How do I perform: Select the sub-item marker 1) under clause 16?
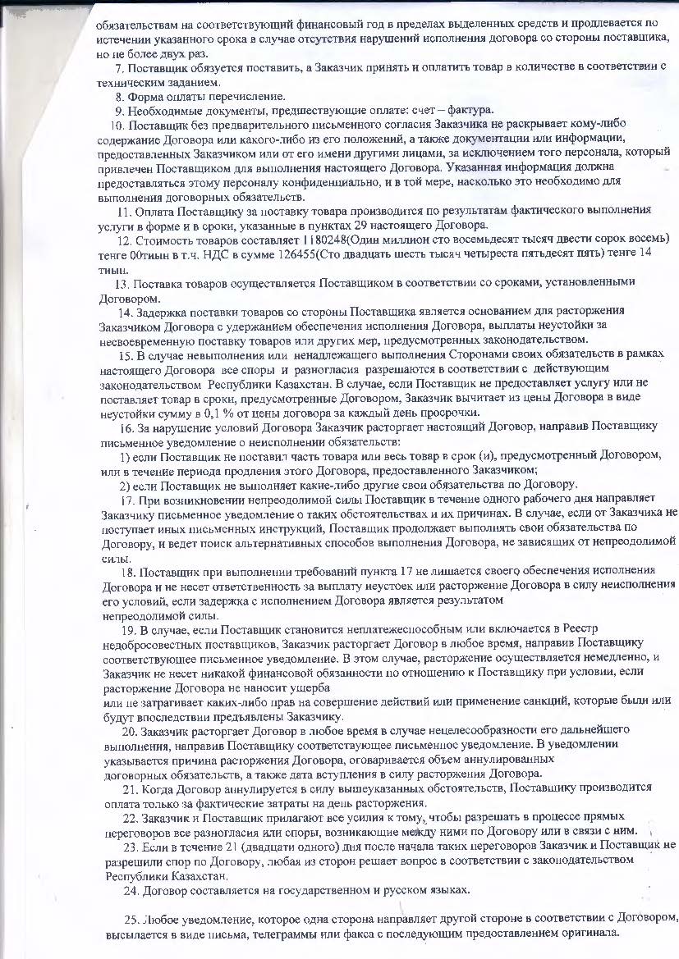point(126,455)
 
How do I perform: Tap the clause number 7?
point(120,67)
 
